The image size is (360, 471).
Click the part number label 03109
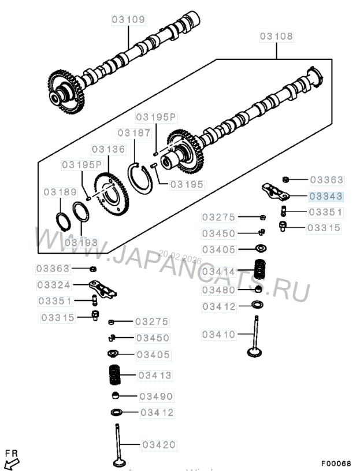(128, 20)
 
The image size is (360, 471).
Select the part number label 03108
(276, 36)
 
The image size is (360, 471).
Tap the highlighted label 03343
(326, 196)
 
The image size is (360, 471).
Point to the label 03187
(133, 133)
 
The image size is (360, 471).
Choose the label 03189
(60, 191)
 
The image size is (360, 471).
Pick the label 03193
(81, 243)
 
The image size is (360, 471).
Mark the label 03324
(53, 285)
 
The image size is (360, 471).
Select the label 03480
(219, 289)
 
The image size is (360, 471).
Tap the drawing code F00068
(336, 463)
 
